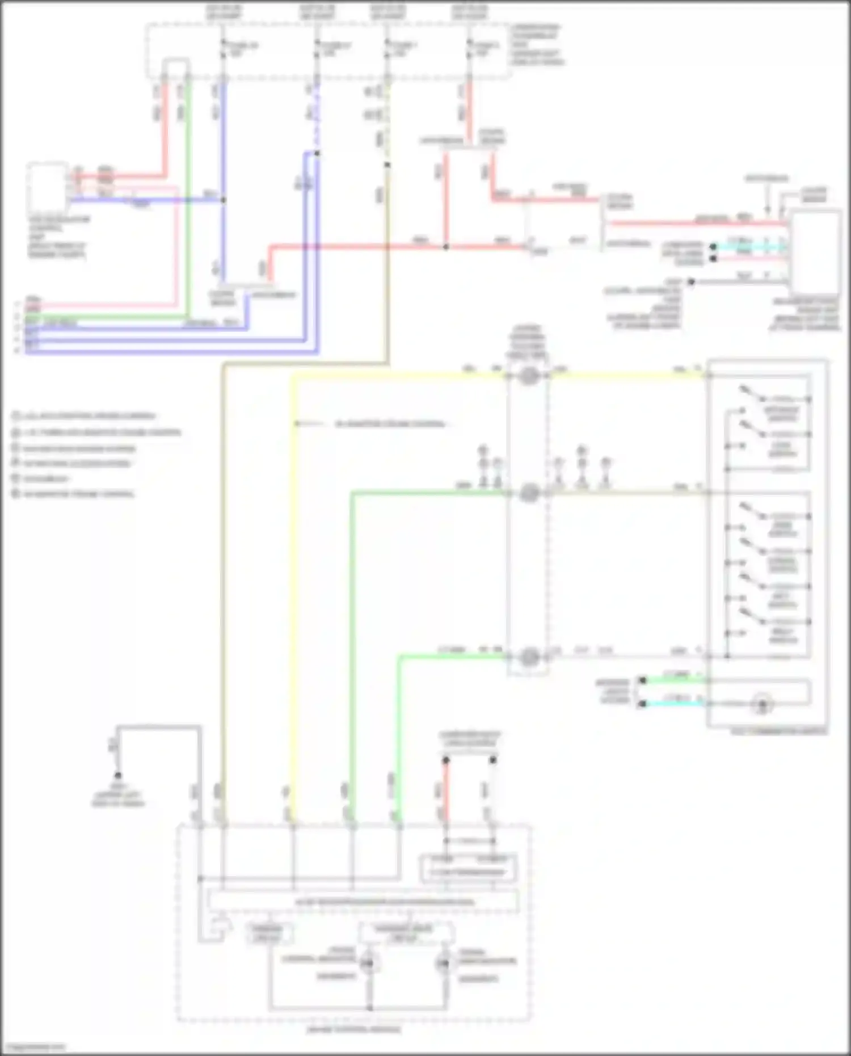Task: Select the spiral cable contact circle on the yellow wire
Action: (x=529, y=376)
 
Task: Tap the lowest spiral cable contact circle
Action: (x=529, y=657)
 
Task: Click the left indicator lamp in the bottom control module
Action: (x=370, y=964)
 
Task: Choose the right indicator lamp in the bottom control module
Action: (x=444, y=964)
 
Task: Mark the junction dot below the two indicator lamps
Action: (x=370, y=1008)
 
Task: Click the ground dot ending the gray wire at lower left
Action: (x=118, y=775)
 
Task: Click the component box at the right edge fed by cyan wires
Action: (x=816, y=250)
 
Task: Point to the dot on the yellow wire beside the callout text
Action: (x=296, y=423)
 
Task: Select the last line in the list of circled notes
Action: (x=74, y=494)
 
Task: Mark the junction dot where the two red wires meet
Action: (x=446, y=247)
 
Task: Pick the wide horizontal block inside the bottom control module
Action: (x=363, y=901)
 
